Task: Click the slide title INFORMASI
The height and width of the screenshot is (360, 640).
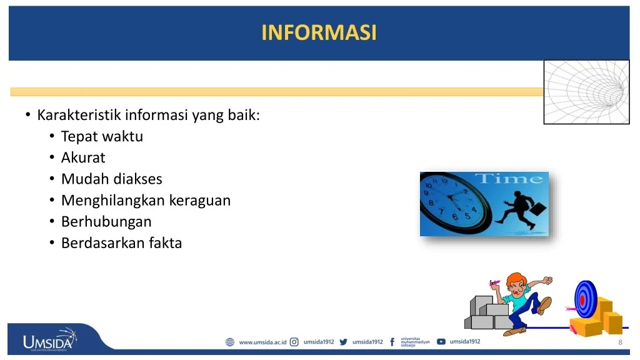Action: (319, 32)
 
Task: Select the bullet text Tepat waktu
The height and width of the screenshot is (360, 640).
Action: (102, 136)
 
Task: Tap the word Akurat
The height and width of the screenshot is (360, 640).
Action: (83, 157)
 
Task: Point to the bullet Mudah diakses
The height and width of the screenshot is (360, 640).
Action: (111, 179)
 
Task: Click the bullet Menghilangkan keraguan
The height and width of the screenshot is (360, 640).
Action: (146, 201)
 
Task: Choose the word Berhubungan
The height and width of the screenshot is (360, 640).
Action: (106, 222)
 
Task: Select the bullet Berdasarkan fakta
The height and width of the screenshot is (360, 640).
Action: (121, 243)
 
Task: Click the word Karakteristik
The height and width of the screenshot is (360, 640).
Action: (79, 115)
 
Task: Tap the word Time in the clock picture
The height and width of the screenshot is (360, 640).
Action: (509, 179)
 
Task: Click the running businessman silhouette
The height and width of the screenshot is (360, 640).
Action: (521, 209)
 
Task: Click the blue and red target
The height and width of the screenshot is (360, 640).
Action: (584, 300)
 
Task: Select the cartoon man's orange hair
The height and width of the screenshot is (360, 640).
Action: (516, 279)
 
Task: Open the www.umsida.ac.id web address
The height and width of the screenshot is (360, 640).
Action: (262, 342)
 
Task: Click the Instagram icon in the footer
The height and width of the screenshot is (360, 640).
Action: (294, 342)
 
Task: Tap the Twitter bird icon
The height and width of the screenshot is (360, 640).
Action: (343, 342)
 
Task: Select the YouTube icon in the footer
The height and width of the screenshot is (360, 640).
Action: (441, 342)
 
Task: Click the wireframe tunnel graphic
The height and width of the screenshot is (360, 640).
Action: (586, 92)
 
